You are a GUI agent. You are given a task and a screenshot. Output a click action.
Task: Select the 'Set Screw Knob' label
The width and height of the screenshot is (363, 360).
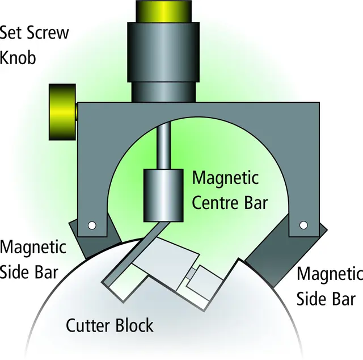[34, 44]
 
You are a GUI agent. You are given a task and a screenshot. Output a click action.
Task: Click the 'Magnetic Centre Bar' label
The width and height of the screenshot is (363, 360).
[229, 190]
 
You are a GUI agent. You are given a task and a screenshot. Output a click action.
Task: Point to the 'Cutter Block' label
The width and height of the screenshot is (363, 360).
[109, 326]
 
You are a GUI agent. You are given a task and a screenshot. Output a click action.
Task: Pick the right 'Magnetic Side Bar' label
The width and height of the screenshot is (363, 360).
[330, 286]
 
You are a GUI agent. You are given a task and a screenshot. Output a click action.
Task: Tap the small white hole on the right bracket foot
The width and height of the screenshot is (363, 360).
[303, 225]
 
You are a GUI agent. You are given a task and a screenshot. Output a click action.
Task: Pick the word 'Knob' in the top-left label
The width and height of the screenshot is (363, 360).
[18, 57]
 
